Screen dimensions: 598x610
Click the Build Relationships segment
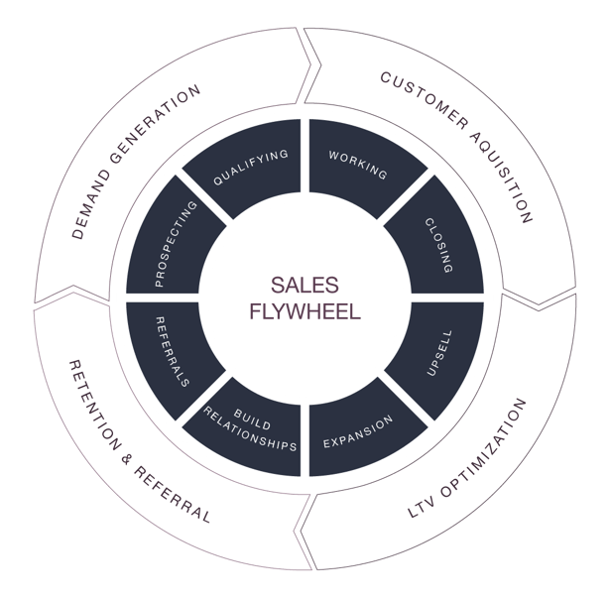(x=251, y=429)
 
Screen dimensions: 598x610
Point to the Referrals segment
(x=173, y=351)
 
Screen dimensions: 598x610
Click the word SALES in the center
(x=305, y=286)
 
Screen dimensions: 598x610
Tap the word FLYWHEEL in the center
(x=305, y=309)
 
